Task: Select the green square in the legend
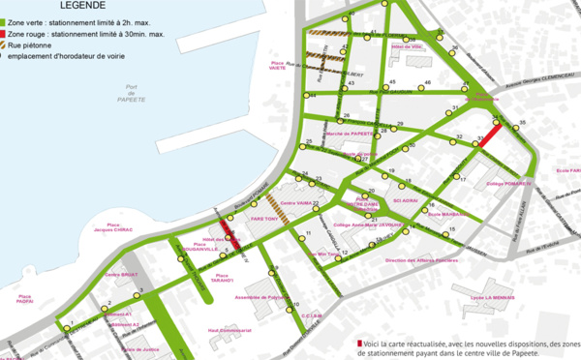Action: pyautogui.click(x=4, y=19)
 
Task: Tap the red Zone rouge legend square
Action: pyautogui.click(x=4, y=33)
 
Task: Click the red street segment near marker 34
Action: pyautogui.click(x=490, y=135)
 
